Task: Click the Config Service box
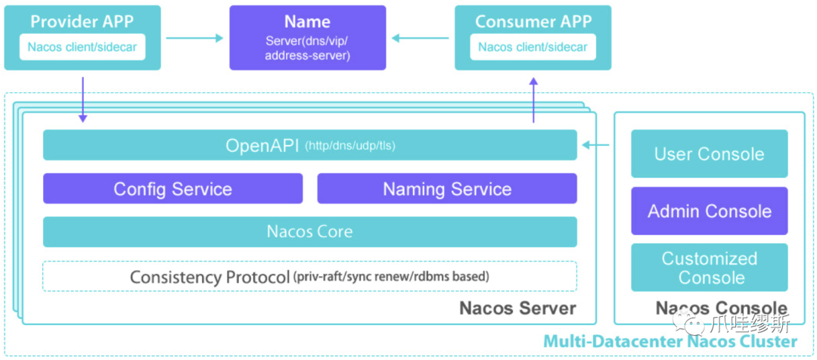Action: point(172,188)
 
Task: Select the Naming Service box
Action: point(447,188)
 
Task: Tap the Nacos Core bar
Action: point(310,232)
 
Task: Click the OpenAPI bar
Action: point(310,145)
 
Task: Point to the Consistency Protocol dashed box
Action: point(310,276)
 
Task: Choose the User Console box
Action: point(710,154)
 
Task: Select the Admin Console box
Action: point(710,211)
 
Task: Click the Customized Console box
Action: point(710,267)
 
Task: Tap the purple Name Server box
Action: point(308,38)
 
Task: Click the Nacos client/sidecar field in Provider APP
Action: point(82,47)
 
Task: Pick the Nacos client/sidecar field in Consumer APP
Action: point(533,47)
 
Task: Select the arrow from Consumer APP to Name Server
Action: point(421,38)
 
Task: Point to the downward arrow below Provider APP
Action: point(82,100)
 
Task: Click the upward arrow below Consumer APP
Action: point(533,100)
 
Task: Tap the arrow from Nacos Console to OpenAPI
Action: point(595,145)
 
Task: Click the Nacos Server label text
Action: point(517,308)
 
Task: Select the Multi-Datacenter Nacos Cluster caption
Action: point(670,342)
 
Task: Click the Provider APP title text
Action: point(82,21)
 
